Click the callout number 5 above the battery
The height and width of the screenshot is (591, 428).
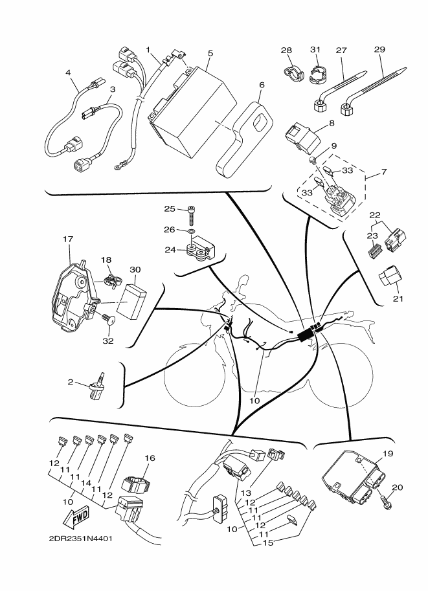point(210,53)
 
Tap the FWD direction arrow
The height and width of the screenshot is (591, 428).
point(76,517)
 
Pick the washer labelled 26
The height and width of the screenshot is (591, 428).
point(191,230)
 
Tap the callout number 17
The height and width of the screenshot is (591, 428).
point(68,239)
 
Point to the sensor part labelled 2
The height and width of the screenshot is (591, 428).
point(98,386)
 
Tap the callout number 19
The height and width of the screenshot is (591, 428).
point(388,454)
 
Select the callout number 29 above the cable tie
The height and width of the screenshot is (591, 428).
point(379,49)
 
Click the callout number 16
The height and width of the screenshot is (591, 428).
point(150,458)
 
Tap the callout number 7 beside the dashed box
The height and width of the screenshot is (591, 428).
point(384,172)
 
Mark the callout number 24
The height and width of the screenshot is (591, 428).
point(170,249)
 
